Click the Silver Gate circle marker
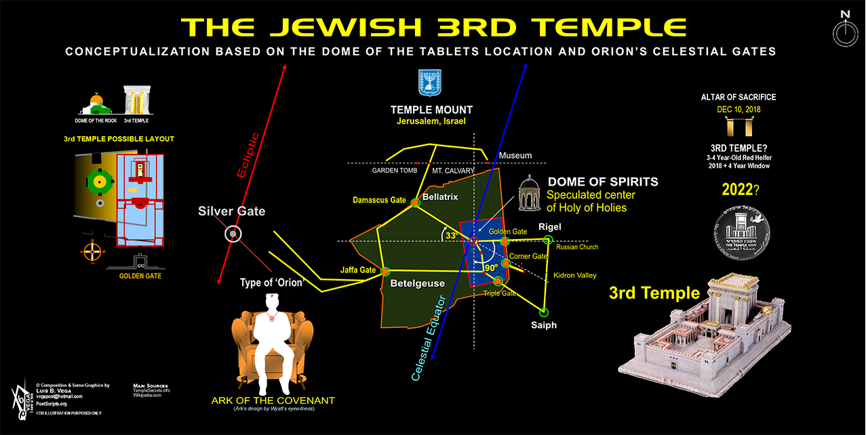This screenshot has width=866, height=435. [233, 234]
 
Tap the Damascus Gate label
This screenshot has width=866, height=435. [379, 200]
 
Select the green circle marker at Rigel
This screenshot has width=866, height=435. [548, 240]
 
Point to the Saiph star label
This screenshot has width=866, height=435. [543, 325]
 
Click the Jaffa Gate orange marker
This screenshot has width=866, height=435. [385, 272]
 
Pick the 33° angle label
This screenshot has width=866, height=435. [449, 235]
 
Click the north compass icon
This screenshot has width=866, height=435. [844, 30]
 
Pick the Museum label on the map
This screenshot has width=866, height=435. [515, 156]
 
